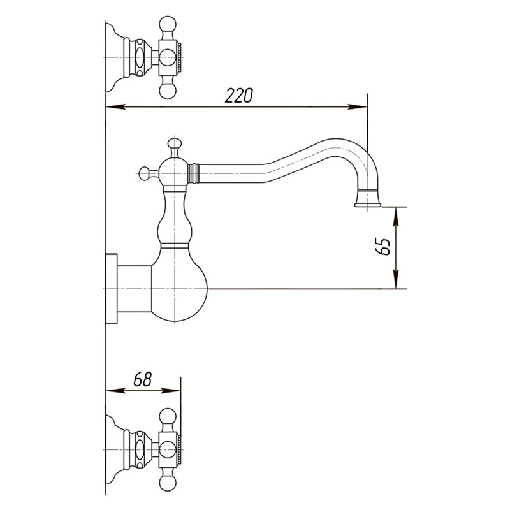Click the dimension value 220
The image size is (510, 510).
tap(238, 95)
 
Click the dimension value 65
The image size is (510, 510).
tap(382, 247)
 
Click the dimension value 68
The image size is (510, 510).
tap(142, 379)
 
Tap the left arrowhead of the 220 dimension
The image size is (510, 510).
tap(116, 106)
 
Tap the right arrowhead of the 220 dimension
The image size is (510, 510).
tap(358, 106)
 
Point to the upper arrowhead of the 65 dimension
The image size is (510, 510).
tap(395, 217)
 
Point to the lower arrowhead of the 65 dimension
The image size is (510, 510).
tap(395, 279)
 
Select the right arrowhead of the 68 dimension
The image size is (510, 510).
tap(171, 391)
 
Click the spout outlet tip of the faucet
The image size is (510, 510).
tap(368, 204)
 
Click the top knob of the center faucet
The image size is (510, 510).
tap(175, 143)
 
